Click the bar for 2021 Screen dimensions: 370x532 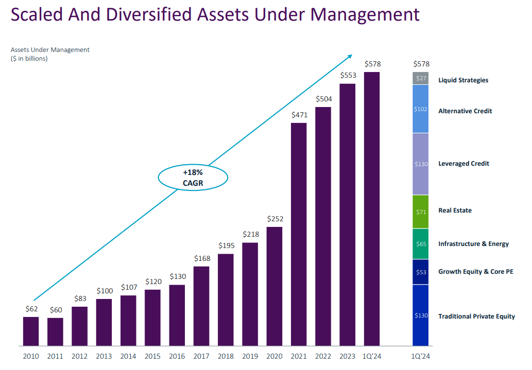point(299,234)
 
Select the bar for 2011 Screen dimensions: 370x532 point(55,332)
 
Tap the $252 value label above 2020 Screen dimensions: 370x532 point(275,219)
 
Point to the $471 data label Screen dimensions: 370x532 point(299,115)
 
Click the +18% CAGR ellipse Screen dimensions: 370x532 point(193,178)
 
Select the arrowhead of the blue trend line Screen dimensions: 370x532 point(350,56)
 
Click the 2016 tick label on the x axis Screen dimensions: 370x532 point(177,356)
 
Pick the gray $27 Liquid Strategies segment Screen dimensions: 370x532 point(421,79)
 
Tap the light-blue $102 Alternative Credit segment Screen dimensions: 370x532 point(421,109)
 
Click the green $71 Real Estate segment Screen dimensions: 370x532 point(421,212)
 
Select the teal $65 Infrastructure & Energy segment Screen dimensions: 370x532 point(421,244)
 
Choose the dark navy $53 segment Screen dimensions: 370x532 point(421,272)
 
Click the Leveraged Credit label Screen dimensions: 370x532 point(464,164)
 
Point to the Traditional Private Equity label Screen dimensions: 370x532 point(476,316)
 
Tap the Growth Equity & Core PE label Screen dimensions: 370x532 point(475,272)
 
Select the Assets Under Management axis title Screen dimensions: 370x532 point(50,50)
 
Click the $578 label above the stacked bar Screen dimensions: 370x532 point(421,64)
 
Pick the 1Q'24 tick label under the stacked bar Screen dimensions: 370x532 point(421,356)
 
